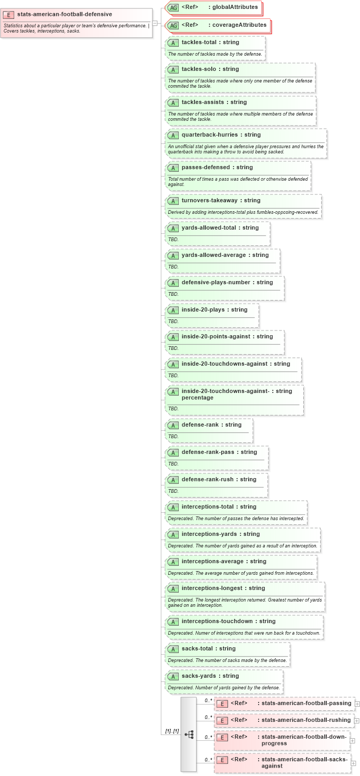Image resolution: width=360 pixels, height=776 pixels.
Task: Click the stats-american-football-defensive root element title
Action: click(x=64, y=14)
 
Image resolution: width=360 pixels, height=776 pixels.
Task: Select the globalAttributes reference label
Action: click(x=235, y=7)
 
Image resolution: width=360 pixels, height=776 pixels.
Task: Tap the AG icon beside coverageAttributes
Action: click(x=173, y=25)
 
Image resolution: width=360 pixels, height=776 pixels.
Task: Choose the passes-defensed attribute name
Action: click(x=205, y=167)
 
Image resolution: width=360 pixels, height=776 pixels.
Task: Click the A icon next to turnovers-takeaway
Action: click(x=173, y=201)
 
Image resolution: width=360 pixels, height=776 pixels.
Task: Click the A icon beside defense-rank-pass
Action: click(x=173, y=452)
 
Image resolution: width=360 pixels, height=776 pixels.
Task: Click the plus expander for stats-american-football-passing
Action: click(x=357, y=703)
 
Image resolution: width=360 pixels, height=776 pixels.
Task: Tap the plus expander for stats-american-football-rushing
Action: click(x=357, y=720)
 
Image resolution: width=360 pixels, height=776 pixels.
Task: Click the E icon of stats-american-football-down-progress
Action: click(x=222, y=737)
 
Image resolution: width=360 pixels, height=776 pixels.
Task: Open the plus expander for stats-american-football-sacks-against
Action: click(x=354, y=763)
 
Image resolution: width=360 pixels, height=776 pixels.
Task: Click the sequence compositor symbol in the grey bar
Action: click(x=189, y=734)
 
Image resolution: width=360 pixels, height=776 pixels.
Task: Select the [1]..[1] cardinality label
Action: click(x=172, y=731)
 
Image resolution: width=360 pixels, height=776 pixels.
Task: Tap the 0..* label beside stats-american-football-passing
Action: click(x=208, y=700)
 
